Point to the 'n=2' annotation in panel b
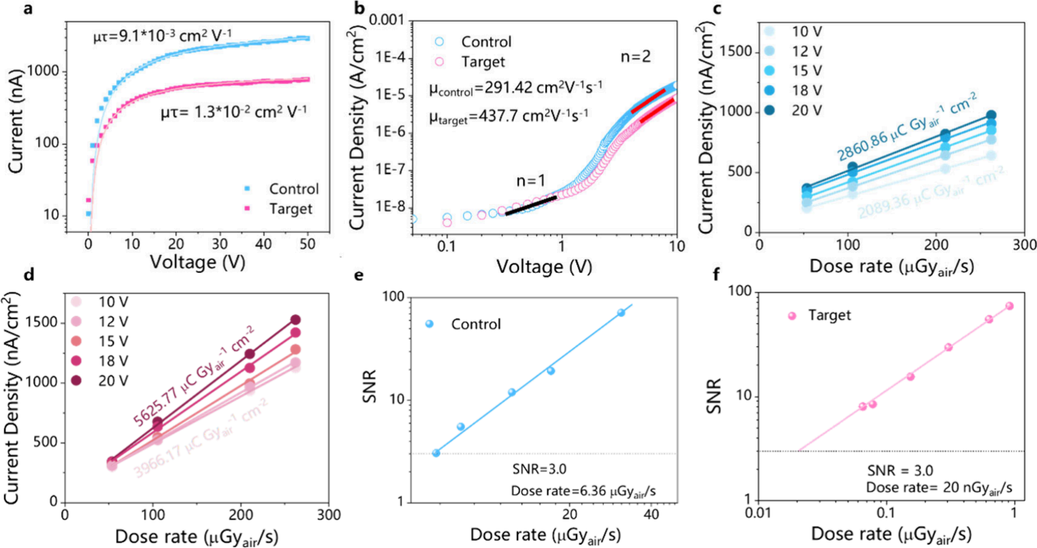point(635,56)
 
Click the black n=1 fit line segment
point(531,205)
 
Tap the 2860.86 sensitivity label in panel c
point(906,127)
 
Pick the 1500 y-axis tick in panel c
point(735,52)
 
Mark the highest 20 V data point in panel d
point(295,320)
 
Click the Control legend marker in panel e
point(430,324)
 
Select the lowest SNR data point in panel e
point(436,453)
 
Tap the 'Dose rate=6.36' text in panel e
point(583,491)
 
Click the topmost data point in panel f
point(1009,306)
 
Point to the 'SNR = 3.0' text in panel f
point(900,470)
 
